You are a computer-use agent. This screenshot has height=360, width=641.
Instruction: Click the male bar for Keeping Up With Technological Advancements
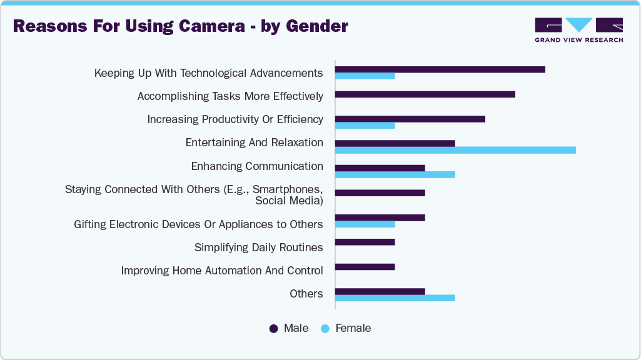click(440, 69)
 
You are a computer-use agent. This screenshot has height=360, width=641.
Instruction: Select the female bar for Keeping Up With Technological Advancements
click(365, 76)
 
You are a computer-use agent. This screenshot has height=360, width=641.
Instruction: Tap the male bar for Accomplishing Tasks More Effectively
click(425, 94)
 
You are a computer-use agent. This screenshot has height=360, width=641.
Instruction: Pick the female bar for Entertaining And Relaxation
click(455, 150)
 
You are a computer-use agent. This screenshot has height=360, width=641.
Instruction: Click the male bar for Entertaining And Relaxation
click(395, 143)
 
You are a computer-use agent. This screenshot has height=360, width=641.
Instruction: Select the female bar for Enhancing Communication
click(395, 174)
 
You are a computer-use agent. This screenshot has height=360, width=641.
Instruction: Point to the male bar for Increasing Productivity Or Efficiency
click(410, 119)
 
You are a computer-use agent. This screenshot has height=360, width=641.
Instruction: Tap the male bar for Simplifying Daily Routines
click(365, 242)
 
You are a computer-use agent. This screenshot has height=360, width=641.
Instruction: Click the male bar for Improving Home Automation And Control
click(365, 267)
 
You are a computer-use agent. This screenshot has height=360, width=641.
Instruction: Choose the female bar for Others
click(395, 298)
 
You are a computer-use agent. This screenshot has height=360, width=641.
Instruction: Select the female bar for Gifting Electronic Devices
click(365, 224)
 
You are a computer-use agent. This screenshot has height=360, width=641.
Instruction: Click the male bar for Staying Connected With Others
click(380, 192)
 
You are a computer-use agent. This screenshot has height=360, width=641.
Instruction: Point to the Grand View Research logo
click(578, 30)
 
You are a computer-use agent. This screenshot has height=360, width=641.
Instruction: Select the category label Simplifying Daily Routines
click(258, 247)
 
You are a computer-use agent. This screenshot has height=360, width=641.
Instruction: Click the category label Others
click(306, 294)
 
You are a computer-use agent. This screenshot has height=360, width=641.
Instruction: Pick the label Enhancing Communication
click(257, 166)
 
